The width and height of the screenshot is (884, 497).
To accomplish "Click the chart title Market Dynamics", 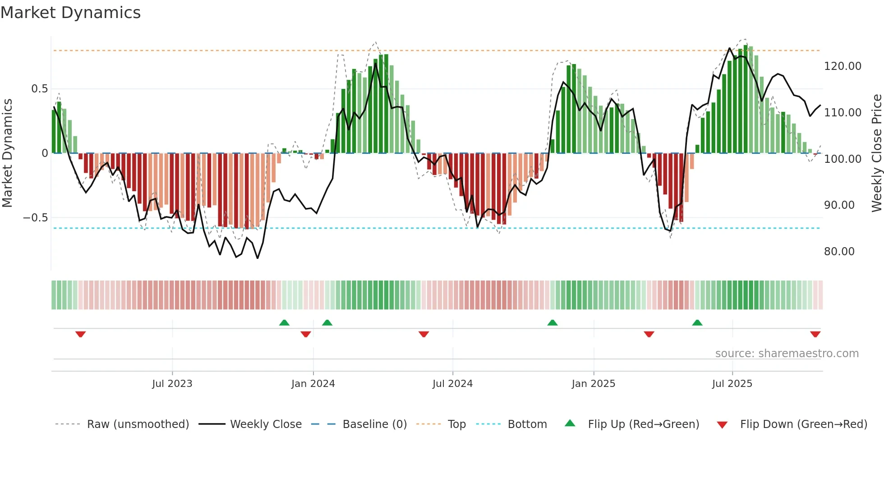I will pyautogui.click(x=70, y=13).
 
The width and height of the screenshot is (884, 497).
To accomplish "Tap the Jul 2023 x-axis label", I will pyautogui.click(x=172, y=384).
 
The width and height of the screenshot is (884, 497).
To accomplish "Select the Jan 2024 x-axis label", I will pyautogui.click(x=313, y=384).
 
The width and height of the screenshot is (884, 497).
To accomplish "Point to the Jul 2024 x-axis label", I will pyautogui.click(x=452, y=384).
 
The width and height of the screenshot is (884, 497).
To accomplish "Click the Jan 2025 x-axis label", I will pyautogui.click(x=593, y=384).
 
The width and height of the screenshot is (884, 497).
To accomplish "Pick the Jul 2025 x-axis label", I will pyautogui.click(x=732, y=384).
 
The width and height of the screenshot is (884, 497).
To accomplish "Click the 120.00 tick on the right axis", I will pyautogui.click(x=843, y=66).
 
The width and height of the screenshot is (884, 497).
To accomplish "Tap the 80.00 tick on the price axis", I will pyautogui.click(x=839, y=252).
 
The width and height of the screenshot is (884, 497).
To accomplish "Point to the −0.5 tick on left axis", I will pyautogui.click(x=36, y=218).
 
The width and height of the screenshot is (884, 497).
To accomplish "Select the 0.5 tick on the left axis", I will pyautogui.click(x=39, y=89).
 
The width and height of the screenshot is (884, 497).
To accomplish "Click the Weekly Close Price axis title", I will pyautogui.click(x=876, y=153).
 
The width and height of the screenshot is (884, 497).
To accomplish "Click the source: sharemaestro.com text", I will pyautogui.click(x=787, y=354).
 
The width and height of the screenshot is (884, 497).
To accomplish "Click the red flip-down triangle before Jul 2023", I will pyautogui.click(x=81, y=334).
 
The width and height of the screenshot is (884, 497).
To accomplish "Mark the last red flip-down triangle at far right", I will pyautogui.click(x=815, y=334).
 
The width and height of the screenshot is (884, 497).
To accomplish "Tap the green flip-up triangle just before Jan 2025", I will pyautogui.click(x=552, y=322).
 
